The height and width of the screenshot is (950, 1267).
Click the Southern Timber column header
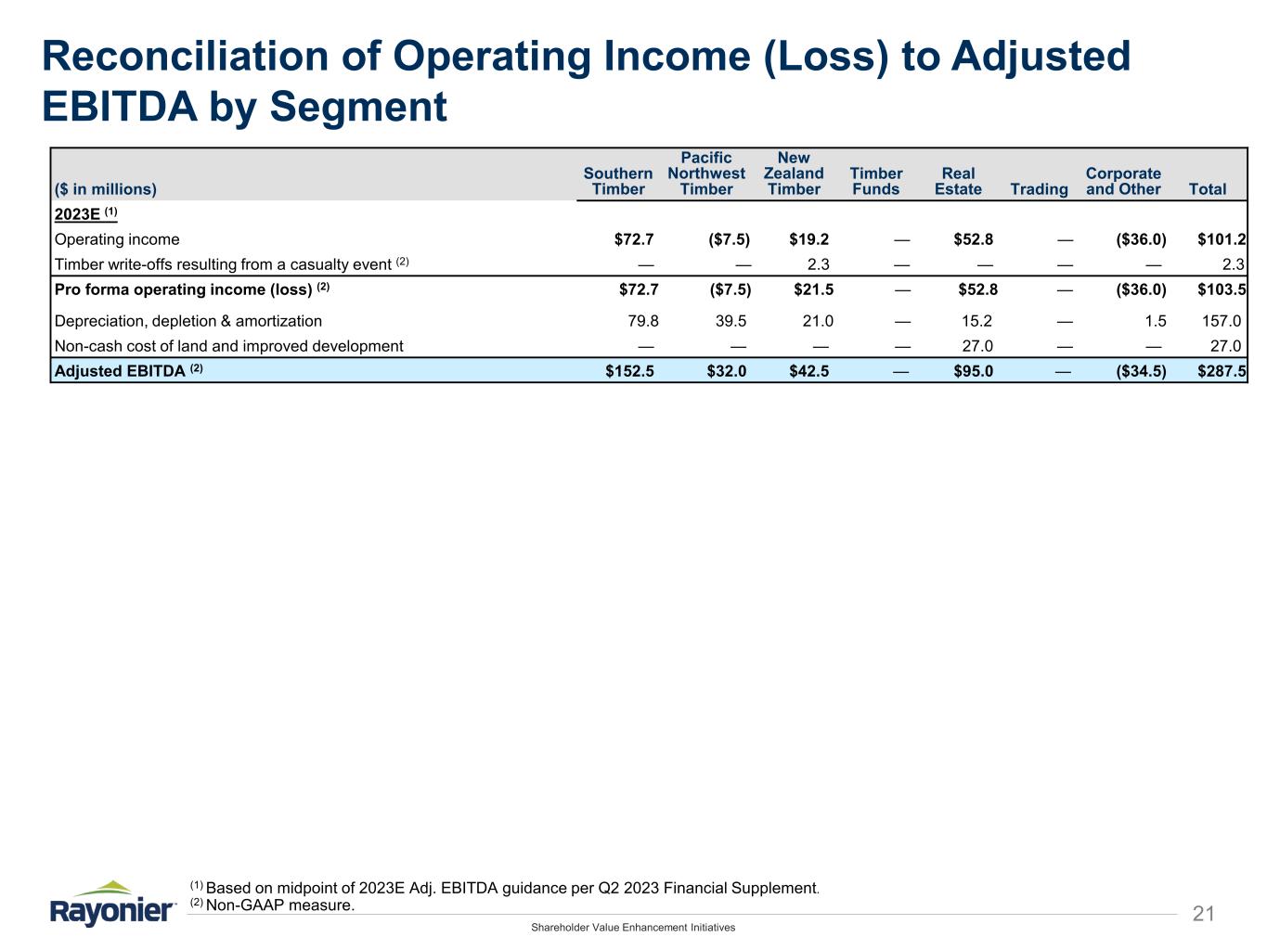point(617,181)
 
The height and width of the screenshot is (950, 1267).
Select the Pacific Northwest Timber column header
point(705,173)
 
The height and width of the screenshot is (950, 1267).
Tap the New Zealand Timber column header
point(794,173)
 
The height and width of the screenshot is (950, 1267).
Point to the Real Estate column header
point(958,181)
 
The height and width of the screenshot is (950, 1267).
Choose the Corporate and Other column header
point(1122,181)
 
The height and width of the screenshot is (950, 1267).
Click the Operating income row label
point(117,239)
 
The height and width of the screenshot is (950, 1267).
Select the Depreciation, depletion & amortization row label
point(188,321)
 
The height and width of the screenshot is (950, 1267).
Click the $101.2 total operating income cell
point(1222,239)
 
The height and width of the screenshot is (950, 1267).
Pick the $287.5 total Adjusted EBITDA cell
point(1222,371)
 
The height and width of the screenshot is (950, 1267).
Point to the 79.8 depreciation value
point(643,321)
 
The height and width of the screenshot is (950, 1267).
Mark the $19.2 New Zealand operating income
point(808,239)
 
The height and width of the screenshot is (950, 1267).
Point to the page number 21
point(1203,914)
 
